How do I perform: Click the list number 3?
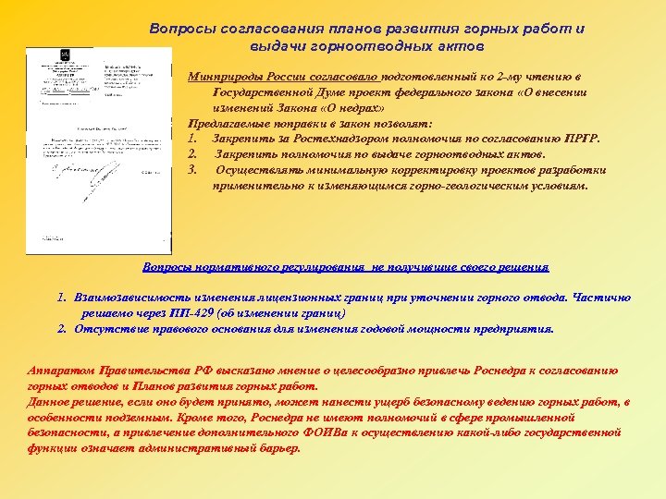[191, 170]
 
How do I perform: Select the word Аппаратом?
[63, 371]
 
